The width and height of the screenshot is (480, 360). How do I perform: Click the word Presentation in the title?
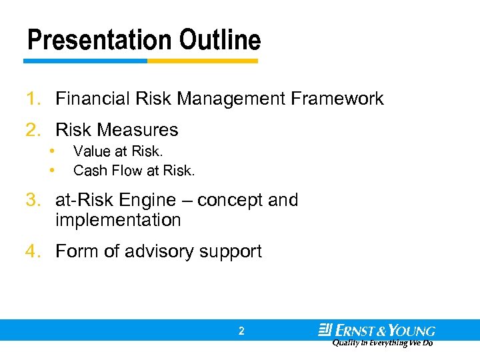click(x=91, y=40)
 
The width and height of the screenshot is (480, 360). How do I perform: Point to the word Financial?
click(x=93, y=99)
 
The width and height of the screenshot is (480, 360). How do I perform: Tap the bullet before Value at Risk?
click(x=53, y=151)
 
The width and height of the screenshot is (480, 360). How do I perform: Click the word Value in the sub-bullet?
click(x=91, y=152)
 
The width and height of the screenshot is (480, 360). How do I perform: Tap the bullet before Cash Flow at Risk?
click(x=53, y=171)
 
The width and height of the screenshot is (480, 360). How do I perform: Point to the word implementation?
click(x=118, y=220)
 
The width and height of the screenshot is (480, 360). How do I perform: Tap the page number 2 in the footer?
click(x=241, y=331)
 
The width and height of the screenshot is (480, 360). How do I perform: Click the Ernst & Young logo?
click(x=377, y=331)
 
